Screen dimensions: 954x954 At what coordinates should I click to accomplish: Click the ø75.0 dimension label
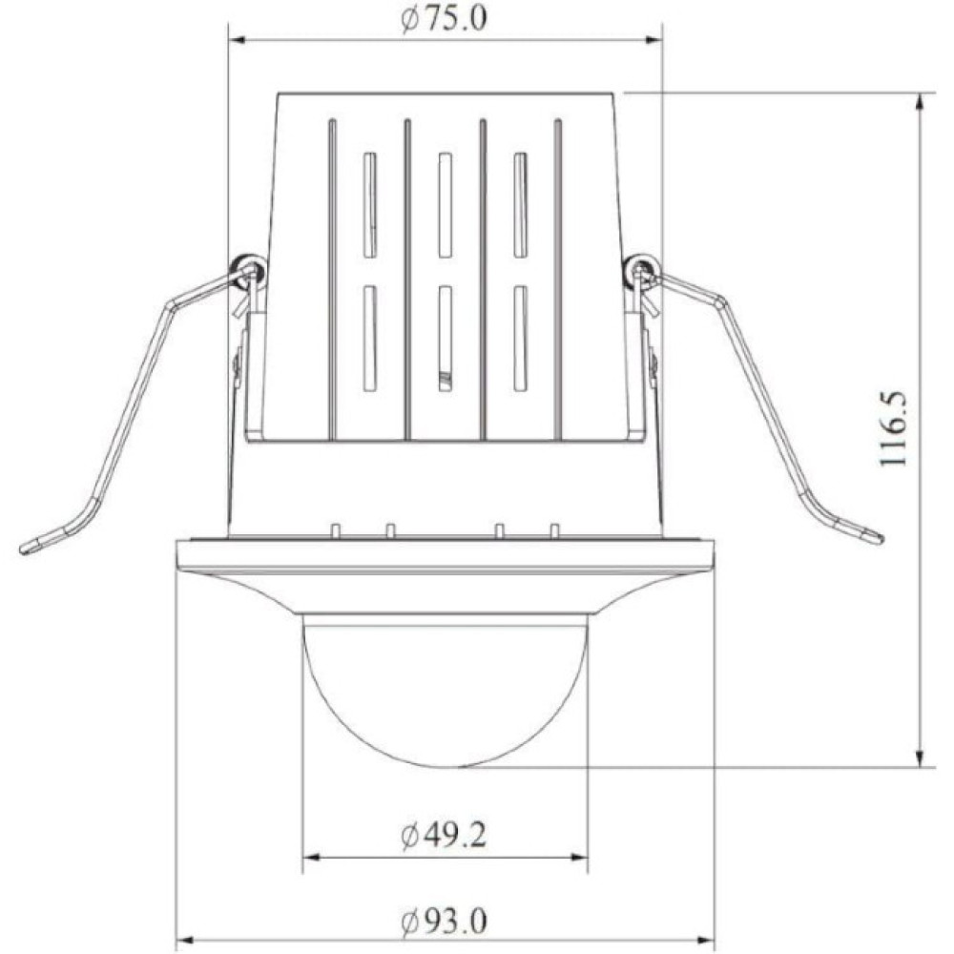445,19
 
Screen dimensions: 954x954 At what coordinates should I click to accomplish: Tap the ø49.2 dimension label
445,836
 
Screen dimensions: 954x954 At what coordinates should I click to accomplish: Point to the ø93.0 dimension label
445,922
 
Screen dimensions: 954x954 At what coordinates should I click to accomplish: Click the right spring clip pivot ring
641,267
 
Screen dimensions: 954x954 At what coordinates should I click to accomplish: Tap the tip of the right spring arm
878,538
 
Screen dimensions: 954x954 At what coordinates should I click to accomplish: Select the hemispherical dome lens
445,694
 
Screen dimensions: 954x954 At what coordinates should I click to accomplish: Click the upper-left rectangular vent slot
370,204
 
